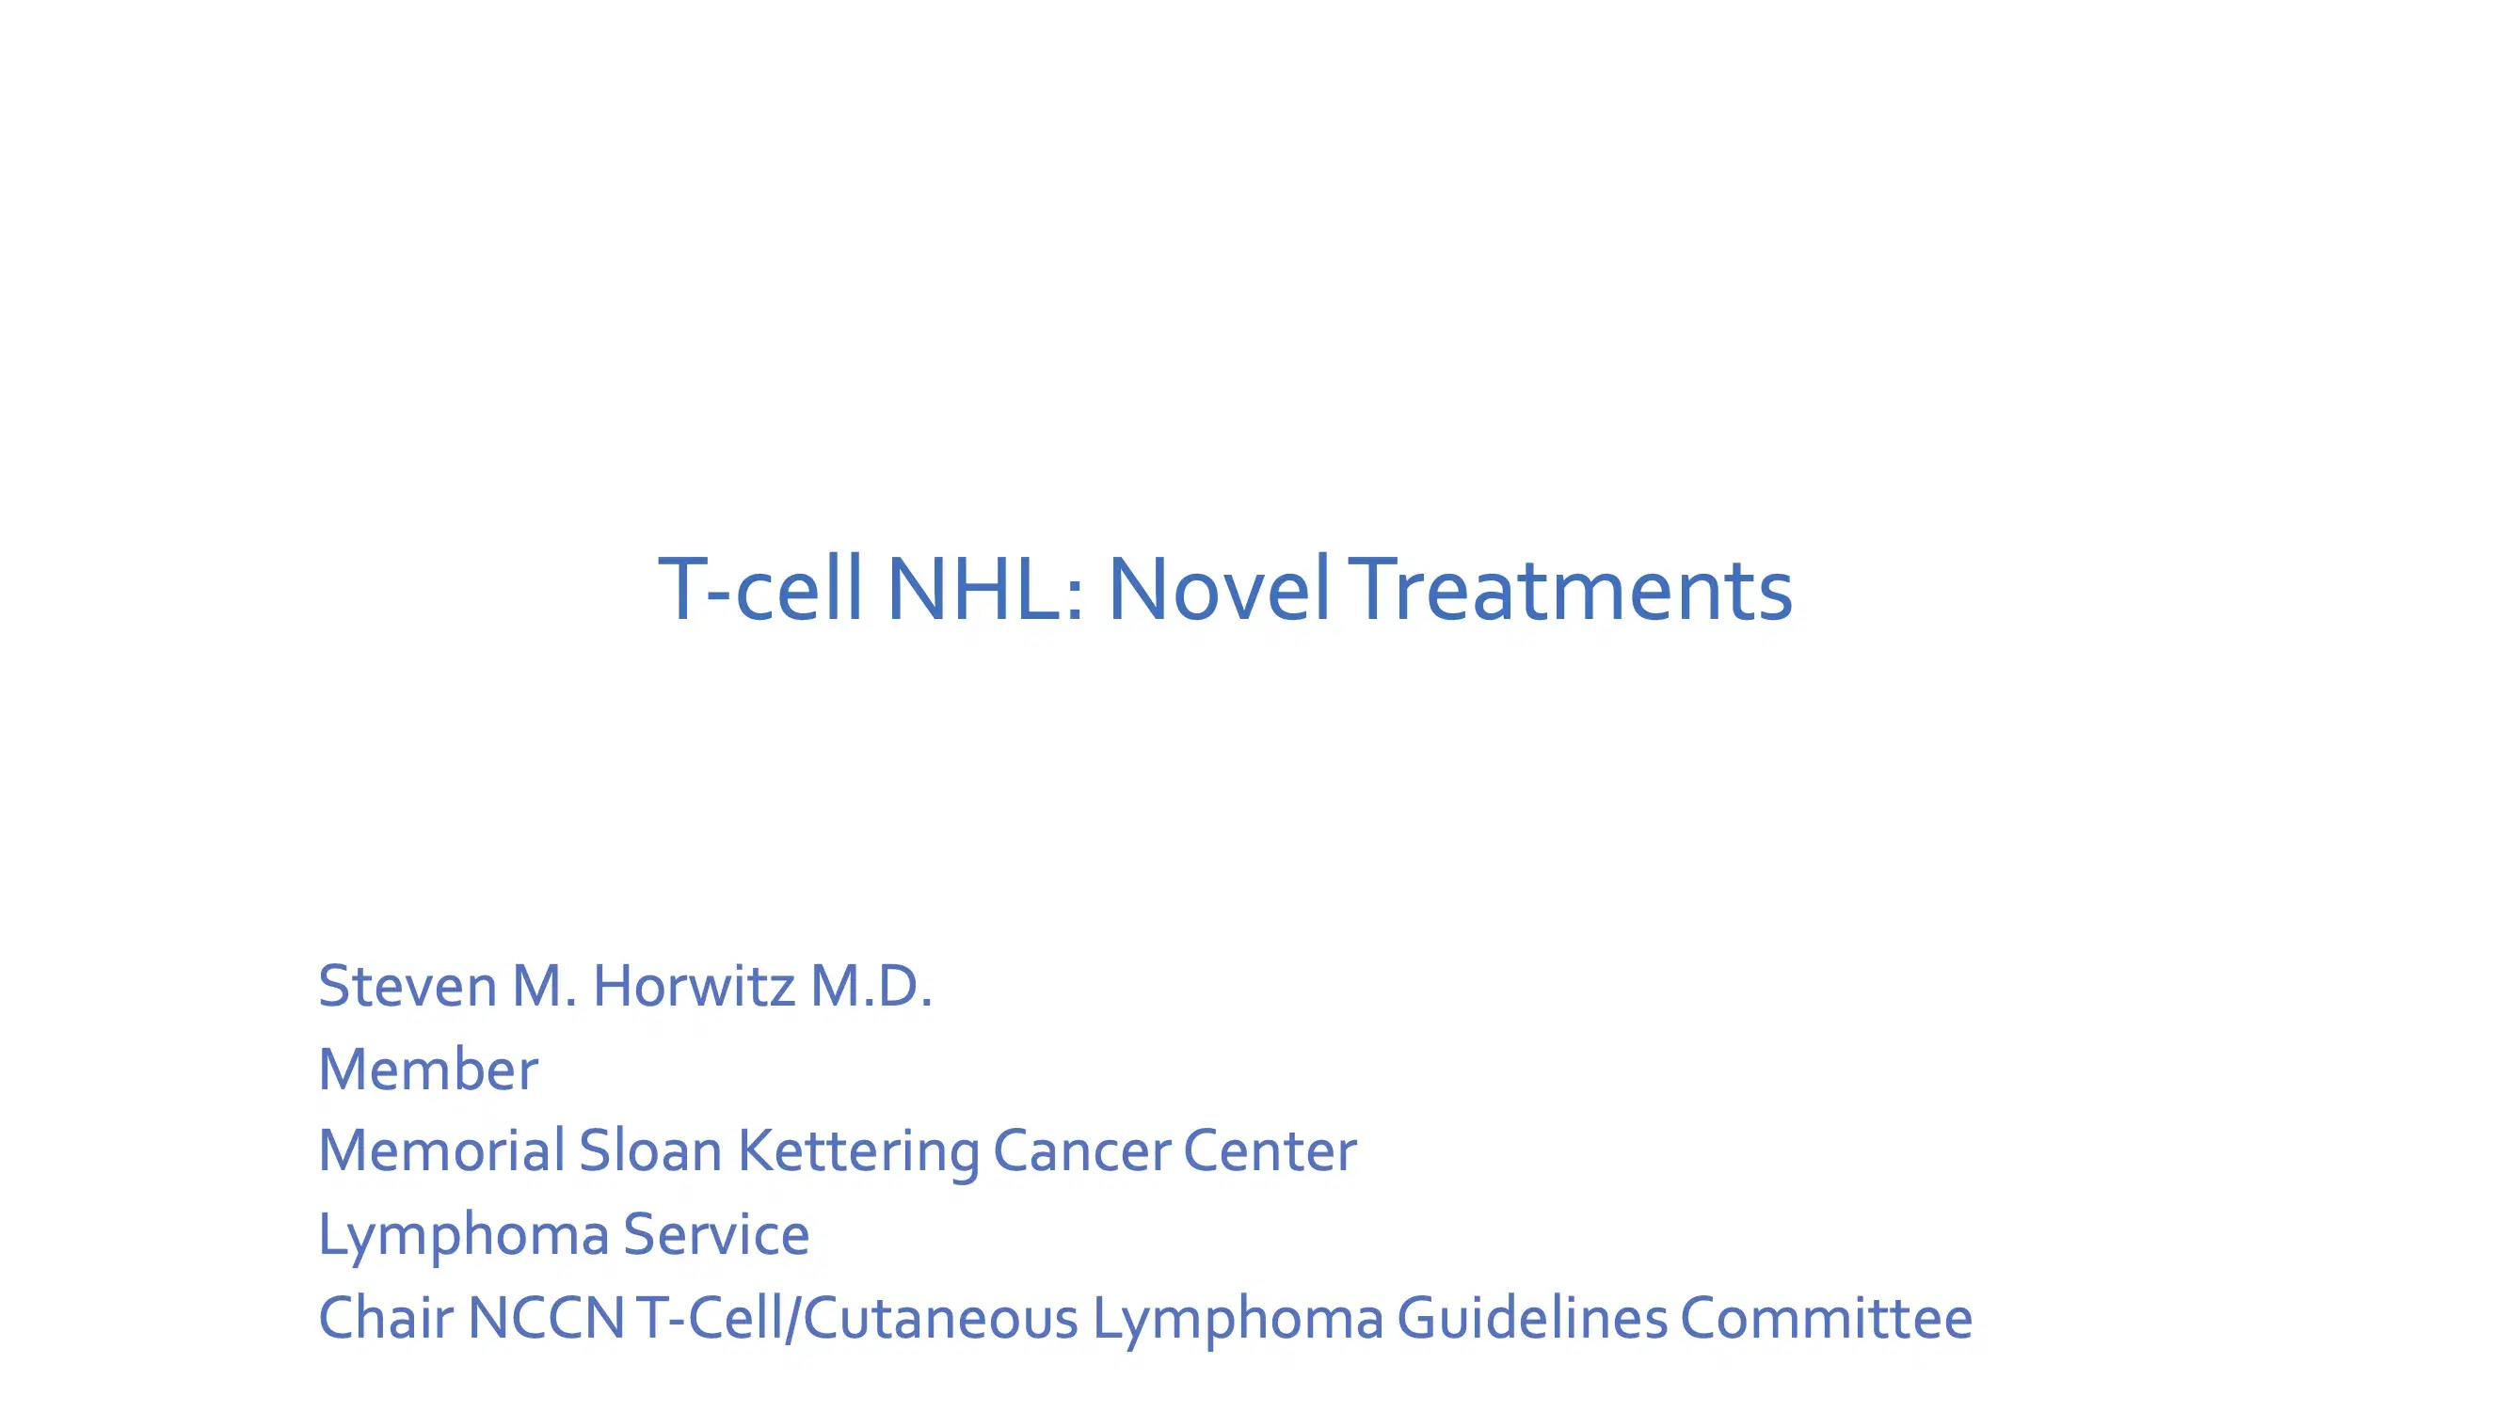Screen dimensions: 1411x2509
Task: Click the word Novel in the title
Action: click(x=1218, y=589)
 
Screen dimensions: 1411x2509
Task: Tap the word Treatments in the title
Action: click(x=1572, y=589)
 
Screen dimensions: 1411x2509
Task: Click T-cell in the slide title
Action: click(x=759, y=589)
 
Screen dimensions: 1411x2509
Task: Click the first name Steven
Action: click(x=408, y=987)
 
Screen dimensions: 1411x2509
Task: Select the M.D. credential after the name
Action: click(x=871, y=987)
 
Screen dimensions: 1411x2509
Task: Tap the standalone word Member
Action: click(x=427, y=1070)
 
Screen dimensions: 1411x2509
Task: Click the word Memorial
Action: click(x=441, y=1151)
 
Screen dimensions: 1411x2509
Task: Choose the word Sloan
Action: click(x=649, y=1151)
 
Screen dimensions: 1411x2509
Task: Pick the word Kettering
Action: click(x=857, y=1153)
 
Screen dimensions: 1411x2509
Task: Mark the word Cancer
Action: click(x=1081, y=1151)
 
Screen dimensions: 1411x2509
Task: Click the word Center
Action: click(x=1270, y=1151)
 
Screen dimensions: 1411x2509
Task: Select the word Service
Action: click(x=716, y=1235)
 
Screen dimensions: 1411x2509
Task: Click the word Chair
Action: click(x=386, y=1319)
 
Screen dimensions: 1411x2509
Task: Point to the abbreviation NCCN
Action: click(x=546, y=1319)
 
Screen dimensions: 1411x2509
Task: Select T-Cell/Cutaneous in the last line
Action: click(x=857, y=1319)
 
